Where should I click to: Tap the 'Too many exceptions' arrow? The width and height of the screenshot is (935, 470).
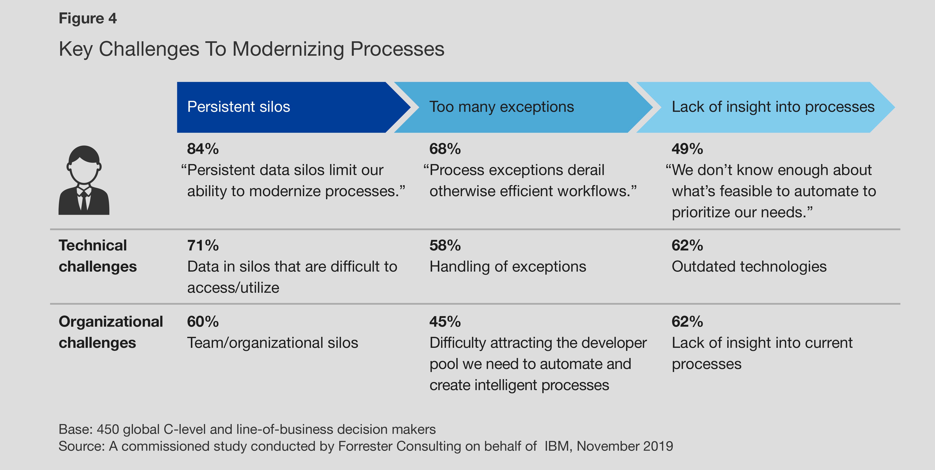515,107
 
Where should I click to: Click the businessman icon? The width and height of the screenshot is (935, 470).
84,180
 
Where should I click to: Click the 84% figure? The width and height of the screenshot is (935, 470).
202,149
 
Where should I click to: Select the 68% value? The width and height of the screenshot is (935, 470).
445,149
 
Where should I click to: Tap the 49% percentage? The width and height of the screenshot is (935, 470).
687,149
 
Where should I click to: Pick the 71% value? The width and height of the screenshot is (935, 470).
202,246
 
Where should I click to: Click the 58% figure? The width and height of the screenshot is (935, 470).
445,246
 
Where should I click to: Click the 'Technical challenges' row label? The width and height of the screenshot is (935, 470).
97,256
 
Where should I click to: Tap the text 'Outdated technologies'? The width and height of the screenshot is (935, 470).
749,267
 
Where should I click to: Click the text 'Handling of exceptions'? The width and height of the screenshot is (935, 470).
507,267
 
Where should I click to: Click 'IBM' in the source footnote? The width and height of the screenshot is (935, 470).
556,446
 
